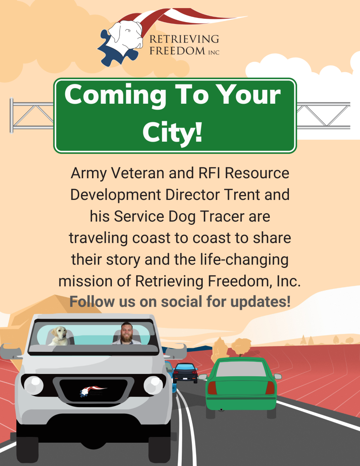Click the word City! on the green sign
(x=172, y=132)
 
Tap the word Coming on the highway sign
(x=115, y=95)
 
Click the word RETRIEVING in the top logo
(x=184, y=39)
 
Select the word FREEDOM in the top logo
(x=177, y=51)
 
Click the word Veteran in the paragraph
(x=137, y=173)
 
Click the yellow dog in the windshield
(x=59, y=336)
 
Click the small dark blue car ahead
(x=186, y=373)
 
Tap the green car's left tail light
(x=212, y=388)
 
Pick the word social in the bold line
(x=182, y=301)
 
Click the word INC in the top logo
(x=214, y=52)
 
